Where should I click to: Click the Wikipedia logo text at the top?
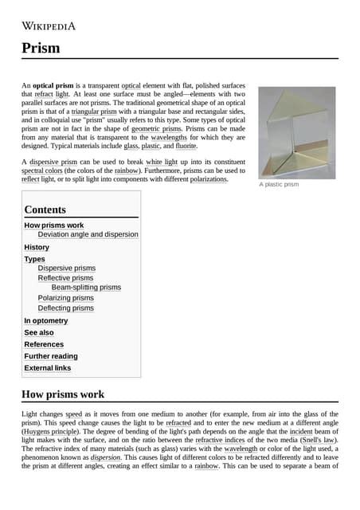click(x=49, y=25)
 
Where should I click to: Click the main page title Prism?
click(x=41, y=48)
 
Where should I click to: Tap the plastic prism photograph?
click(x=297, y=131)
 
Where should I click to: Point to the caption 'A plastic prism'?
click(x=279, y=185)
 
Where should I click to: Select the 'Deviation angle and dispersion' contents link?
click(x=88, y=234)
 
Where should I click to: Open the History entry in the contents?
click(x=37, y=247)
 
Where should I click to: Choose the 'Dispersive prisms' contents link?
click(x=66, y=269)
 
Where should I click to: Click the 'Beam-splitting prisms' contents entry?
click(x=86, y=287)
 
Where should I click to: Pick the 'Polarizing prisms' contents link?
click(x=65, y=298)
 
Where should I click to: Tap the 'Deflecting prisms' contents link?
click(x=65, y=308)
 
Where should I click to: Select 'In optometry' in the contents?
click(x=46, y=320)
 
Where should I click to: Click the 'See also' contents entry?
click(x=39, y=332)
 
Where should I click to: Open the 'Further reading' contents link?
click(x=51, y=356)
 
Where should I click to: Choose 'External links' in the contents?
click(x=48, y=368)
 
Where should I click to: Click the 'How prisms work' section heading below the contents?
click(x=62, y=394)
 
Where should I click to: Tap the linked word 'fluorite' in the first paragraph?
click(x=186, y=147)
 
